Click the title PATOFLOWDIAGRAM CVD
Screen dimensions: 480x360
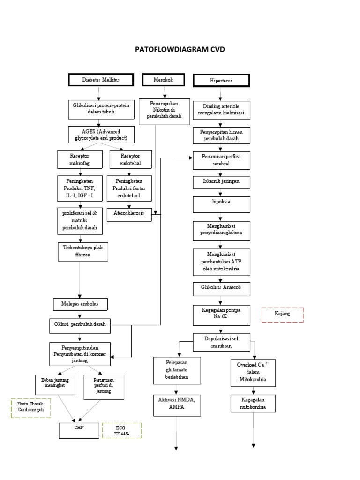(x=180, y=49)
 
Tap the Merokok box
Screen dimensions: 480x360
(x=163, y=80)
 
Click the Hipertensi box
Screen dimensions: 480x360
(x=221, y=81)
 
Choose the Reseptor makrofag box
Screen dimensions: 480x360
(x=79, y=159)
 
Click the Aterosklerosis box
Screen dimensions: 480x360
(x=129, y=213)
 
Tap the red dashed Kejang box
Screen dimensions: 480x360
(x=282, y=314)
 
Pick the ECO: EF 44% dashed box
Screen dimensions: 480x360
(x=122, y=430)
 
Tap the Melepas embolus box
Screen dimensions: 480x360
(x=81, y=304)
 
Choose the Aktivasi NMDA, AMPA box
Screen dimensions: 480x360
(x=177, y=404)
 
